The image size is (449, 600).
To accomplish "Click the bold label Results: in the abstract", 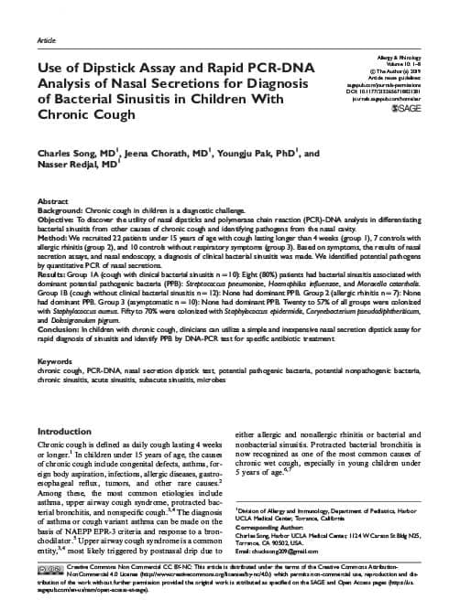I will click(52, 273).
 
